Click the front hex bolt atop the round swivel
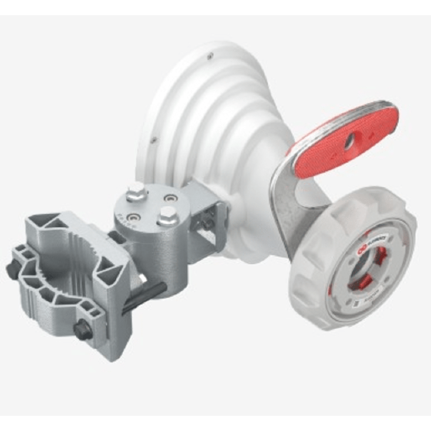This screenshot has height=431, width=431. click(168, 216)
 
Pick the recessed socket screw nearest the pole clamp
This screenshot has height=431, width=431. click(134, 217)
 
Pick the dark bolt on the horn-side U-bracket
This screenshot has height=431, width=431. click(207, 224)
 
